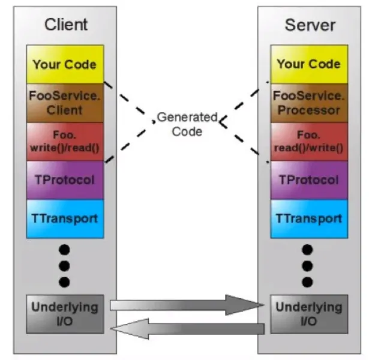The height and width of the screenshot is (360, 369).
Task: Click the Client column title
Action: click(x=66, y=24)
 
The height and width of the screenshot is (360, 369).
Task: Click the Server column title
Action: click(x=310, y=25)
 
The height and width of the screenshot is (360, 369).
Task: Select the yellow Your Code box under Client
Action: click(x=65, y=64)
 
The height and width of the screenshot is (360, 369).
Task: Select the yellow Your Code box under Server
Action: click(x=309, y=64)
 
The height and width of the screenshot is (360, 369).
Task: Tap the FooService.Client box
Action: click(x=65, y=103)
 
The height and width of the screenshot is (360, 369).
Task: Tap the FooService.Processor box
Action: click(x=309, y=103)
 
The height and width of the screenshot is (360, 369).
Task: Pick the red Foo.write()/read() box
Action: click(x=65, y=142)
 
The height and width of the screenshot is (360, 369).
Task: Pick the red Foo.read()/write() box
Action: click(x=309, y=142)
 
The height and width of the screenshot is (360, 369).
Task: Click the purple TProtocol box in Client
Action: click(x=65, y=180)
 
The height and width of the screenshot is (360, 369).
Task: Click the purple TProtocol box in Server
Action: click(x=309, y=180)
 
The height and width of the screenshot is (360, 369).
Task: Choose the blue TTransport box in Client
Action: click(x=65, y=219)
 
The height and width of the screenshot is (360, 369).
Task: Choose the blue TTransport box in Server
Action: click(x=309, y=219)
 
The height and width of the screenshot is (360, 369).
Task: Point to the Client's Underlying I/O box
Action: click(x=65, y=314)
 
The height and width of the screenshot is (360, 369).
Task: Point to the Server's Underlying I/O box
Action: click(x=309, y=314)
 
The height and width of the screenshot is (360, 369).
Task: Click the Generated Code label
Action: click(x=187, y=124)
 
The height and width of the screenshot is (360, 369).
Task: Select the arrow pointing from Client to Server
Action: click(x=187, y=305)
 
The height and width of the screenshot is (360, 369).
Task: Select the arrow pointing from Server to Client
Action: click(x=187, y=329)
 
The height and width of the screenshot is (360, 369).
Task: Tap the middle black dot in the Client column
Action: click(x=64, y=266)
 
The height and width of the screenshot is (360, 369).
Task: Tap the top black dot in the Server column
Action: click(x=307, y=250)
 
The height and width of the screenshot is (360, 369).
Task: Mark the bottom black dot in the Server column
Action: click(x=307, y=282)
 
